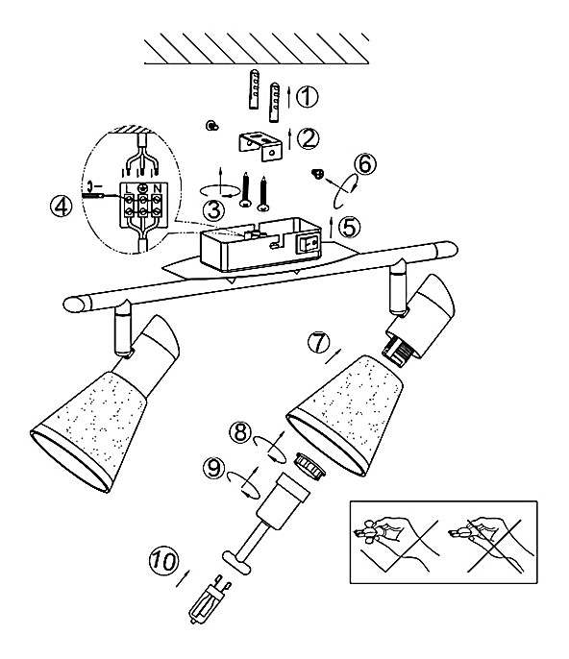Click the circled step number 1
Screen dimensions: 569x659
tap(308, 97)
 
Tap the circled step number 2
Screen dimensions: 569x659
tap(309, 138)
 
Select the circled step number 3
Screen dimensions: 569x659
tap(213, 209)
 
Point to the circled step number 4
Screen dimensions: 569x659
tap(62, 207)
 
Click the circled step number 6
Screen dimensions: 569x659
tap(365, 163)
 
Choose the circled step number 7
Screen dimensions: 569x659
tap(319, 342)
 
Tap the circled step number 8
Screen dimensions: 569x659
tap(240, 432)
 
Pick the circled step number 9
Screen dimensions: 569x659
tap(214, 468)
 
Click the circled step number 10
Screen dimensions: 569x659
tap(164, 561)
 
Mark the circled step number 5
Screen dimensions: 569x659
tap(350, 227)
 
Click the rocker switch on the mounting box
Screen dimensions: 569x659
tap(309, 243)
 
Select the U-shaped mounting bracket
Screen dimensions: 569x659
tap(260, 146)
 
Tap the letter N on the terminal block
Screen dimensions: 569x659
tap(158, 187)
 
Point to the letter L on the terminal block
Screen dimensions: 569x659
tap(129, 188)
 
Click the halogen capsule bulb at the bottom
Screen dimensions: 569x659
tap(209, 598)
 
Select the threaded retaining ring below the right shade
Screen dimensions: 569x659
tap(310, 464)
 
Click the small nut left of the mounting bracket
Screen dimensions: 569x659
tap(211, 125)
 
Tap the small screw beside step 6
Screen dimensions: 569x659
tap(318, 173)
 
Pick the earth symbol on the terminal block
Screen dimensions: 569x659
tap(142, 187)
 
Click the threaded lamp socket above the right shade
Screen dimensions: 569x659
tap(396, 352)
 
